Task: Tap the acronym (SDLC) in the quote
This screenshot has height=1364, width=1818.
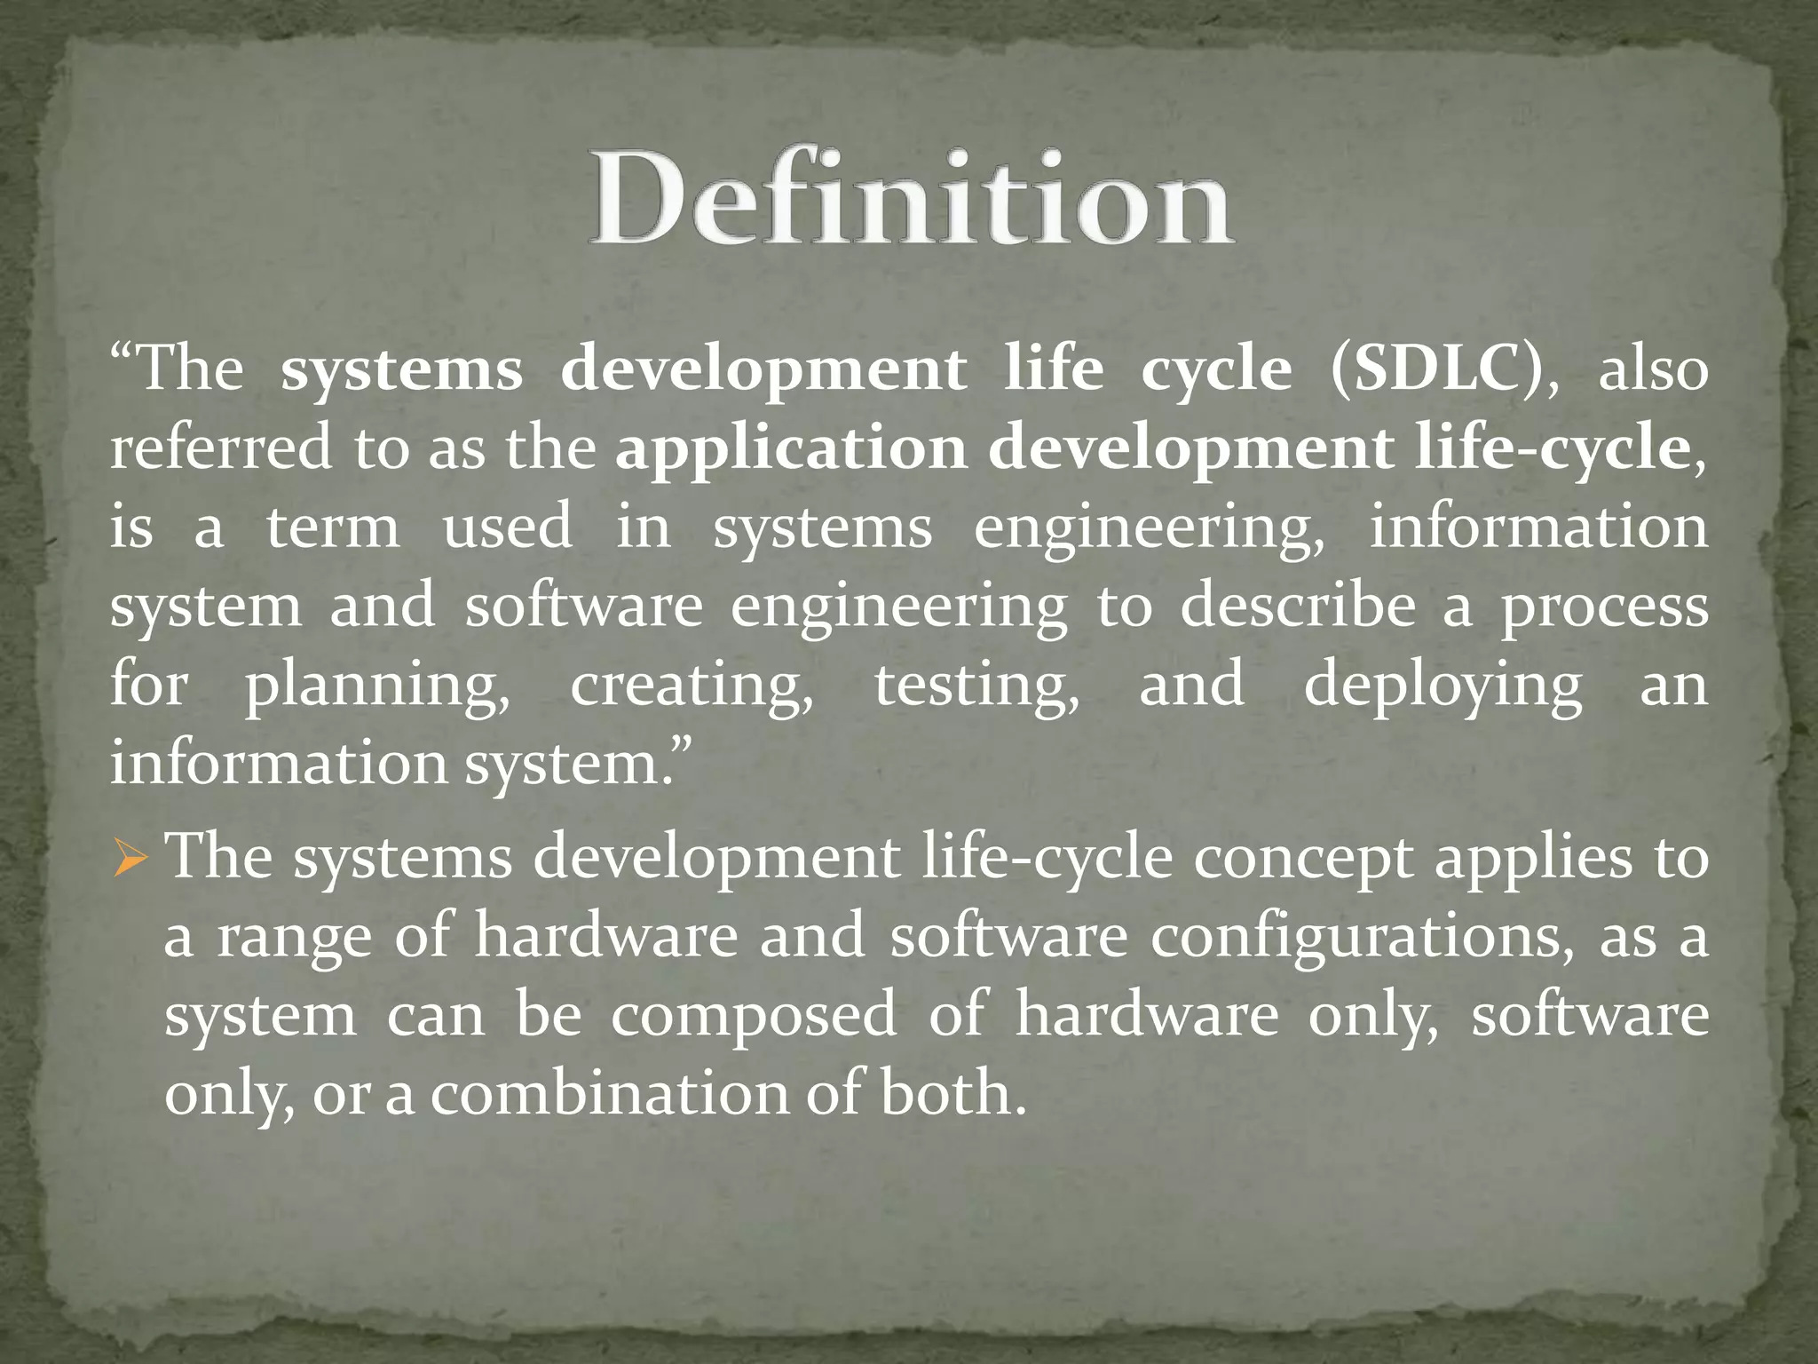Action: click(1443, 369)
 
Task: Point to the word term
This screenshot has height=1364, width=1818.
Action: click(333, 527)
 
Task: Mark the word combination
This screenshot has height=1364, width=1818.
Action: click(610, 1094)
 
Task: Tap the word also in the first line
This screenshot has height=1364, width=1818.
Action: click(1653, 369)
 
